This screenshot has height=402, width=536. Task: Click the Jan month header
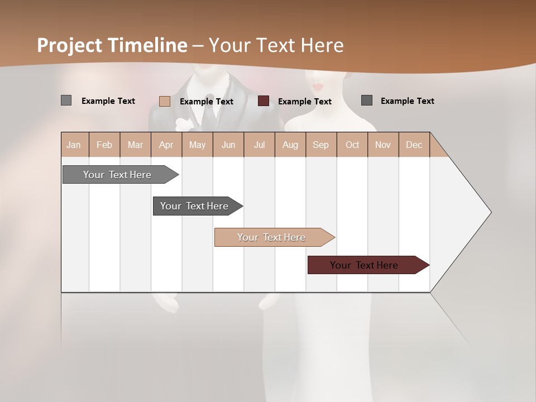click(74, 145)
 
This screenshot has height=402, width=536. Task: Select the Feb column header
click(104, 145)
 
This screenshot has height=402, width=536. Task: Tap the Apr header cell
click(166, 145)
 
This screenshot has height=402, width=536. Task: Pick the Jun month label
click(228, 145)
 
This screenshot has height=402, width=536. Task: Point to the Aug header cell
click(290, 145)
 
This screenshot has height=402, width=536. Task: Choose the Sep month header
click(321, 145)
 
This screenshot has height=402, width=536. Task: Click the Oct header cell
click(352, 145)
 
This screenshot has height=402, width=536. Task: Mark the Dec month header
click(414, 145)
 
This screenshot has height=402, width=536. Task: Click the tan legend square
click(165, 101)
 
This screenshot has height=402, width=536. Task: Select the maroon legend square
click(264, 101)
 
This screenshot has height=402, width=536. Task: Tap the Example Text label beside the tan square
click(207, 102)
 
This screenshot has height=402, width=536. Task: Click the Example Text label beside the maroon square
click(305, 102)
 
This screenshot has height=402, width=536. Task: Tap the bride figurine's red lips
click(318, 87)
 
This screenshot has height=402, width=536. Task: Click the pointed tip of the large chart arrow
click(490, 212)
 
